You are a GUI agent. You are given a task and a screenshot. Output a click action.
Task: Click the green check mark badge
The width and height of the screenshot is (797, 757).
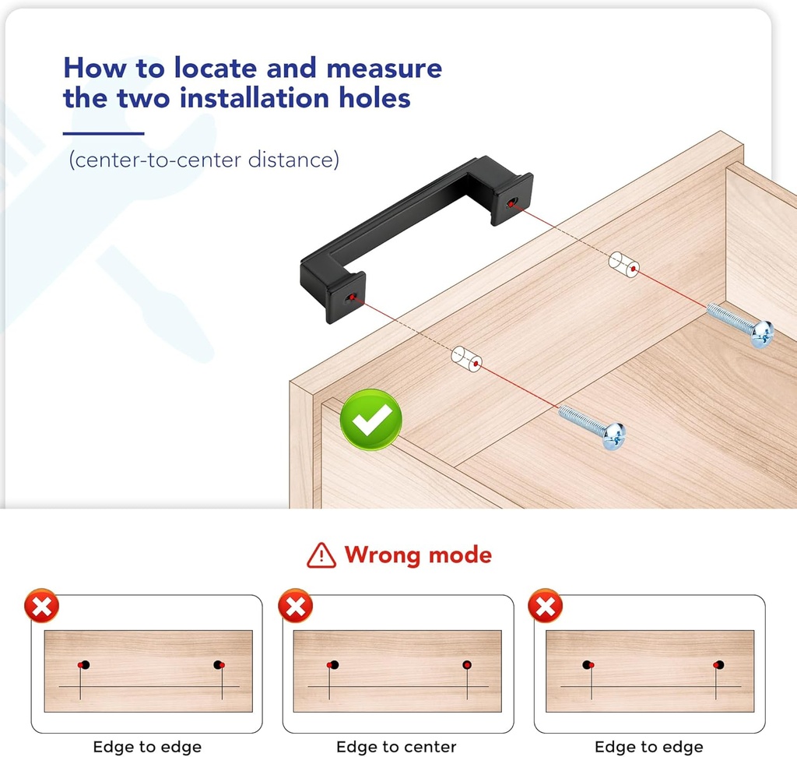[x=371, y=420]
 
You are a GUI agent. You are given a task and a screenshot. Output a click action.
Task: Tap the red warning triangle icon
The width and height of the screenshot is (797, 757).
[x=321, y=555]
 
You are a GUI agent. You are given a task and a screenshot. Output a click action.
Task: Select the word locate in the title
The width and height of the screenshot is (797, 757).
[x=216, y=68]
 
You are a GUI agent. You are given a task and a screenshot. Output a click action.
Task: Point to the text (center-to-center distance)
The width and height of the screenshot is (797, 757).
[x=204, y=160]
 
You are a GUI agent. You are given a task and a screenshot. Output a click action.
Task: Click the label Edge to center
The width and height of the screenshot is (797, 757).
[x=396, y=746]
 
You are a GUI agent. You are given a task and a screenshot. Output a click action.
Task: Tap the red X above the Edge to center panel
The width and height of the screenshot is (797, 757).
[x=295, y=605]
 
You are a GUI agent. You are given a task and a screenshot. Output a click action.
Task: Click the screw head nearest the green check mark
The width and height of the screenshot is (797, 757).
[x=614, y=436]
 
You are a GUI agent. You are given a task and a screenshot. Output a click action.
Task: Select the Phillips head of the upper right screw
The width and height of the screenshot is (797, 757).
[x=762, y=334]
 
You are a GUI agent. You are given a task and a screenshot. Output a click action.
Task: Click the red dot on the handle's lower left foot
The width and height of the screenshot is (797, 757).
[x=351, y=297]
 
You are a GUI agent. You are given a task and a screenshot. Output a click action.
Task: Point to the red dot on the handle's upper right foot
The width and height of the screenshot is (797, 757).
[x=510, y=205]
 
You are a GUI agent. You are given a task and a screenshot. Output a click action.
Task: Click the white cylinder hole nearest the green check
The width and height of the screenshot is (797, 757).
[x=467, y=359]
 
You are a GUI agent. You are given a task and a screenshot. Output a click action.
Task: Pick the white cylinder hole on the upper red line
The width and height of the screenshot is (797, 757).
[x=624, y=264]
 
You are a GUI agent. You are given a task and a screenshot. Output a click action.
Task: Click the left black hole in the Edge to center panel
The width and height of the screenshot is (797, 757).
[x=334, y=664]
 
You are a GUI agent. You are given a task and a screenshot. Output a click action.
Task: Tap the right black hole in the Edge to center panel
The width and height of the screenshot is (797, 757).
[x=467, y=664]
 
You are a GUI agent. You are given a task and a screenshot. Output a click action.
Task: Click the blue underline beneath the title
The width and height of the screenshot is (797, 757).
[x=104, y=133]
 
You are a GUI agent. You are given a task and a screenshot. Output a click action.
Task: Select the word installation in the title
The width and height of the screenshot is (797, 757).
[x=255, y=97]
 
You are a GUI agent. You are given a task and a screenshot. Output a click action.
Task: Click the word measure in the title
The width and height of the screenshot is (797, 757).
[x=384, y=69]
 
